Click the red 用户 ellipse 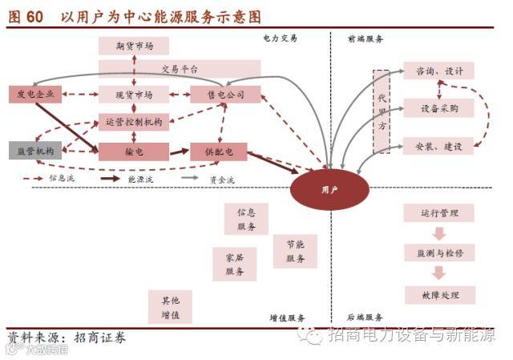click(x=329, y=189)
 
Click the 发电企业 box click(x=34, y=95)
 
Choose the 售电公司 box click(x=226, y=95)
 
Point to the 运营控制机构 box click(x=134, y=122)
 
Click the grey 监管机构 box click(x=34, y=151)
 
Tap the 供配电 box click(x=219, y=151)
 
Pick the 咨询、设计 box click(x=438, y=71)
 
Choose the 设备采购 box click(x=438, y=108)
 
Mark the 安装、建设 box click(x=438, y=147)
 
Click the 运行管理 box click(x=438, y=213)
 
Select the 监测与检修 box click(x=438, y=253)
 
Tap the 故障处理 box click(x=438, y=295)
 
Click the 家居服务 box click(x=234, y=265)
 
